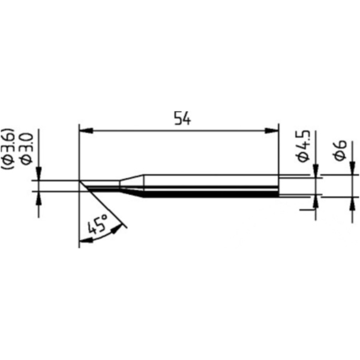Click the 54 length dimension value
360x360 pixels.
click(182, 118)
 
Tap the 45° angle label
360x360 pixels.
click(98, 224)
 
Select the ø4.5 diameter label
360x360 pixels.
click(304, 146)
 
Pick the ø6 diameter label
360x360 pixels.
click(340, 151)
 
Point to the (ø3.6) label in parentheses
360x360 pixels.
click(8, 149)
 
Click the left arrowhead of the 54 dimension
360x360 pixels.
click(86, 131)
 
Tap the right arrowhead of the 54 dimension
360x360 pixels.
click(272, 131)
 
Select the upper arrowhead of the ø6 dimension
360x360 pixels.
click(352, 168)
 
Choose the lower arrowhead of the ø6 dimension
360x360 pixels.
click(352, 203)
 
